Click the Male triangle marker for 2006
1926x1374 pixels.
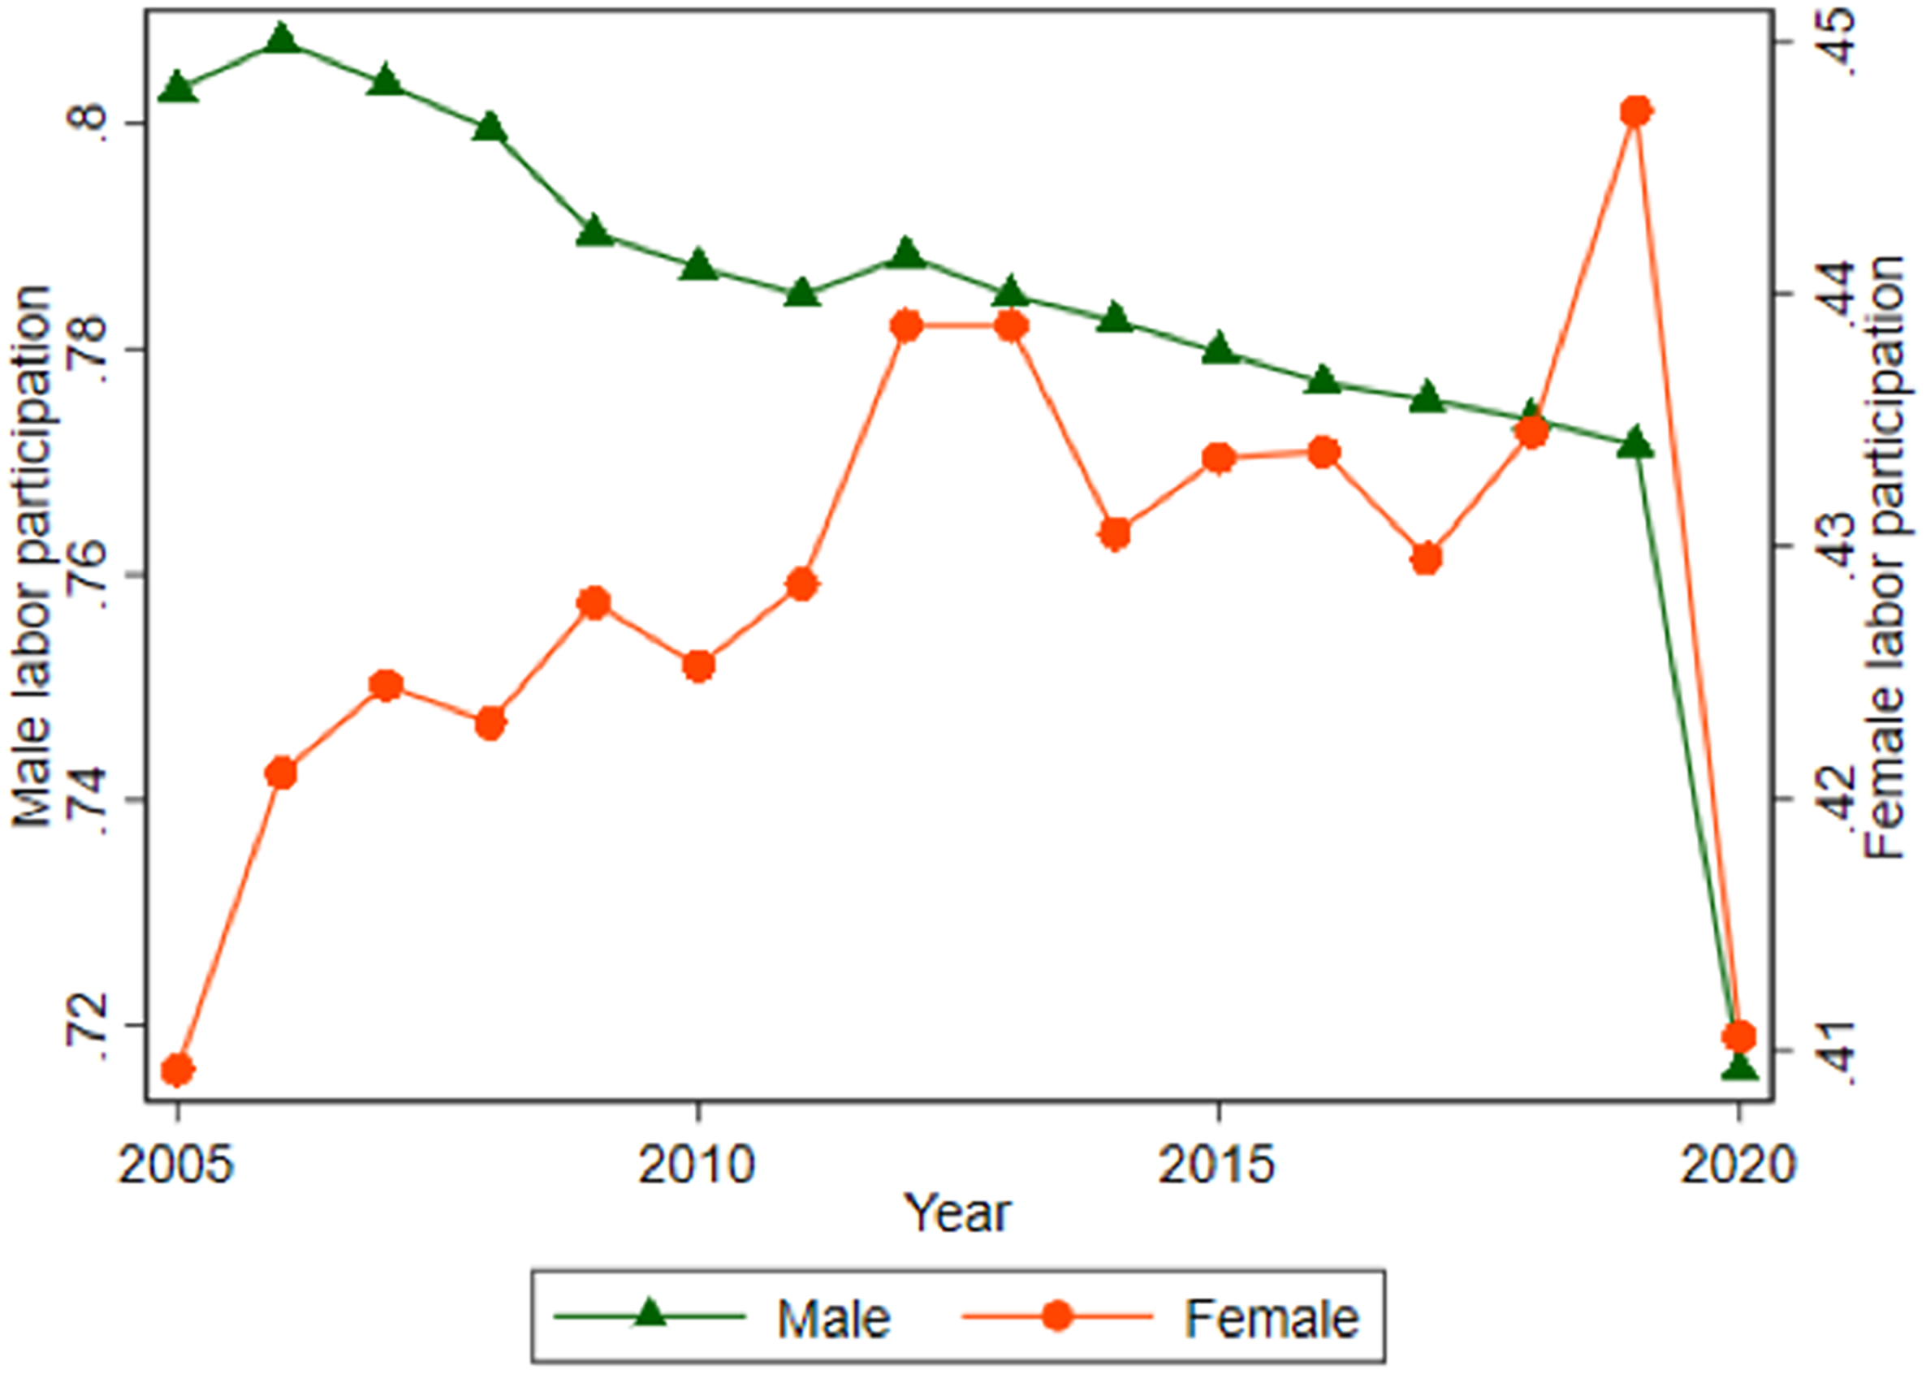point(282,39)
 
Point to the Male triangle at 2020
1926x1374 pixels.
point(1739,1067)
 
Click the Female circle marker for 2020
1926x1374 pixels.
point(1739,1036)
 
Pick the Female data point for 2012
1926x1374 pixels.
point(906,325)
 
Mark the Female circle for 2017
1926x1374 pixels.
point(1427,558)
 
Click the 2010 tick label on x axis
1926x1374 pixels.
point(697,1166)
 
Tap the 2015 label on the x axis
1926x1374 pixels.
point(1217,1166)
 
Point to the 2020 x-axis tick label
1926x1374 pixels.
point(1738,1166)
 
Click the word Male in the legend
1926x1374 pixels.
point(835,1318)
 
